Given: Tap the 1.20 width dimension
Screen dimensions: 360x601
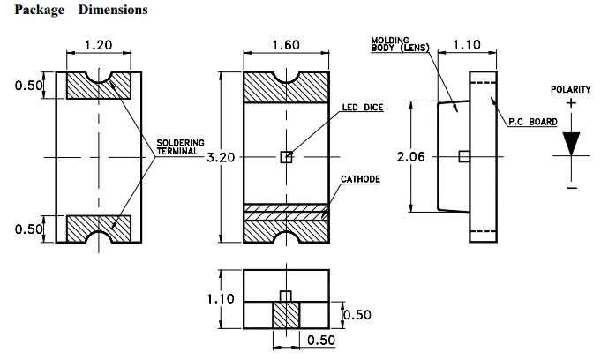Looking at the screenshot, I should [98, 45].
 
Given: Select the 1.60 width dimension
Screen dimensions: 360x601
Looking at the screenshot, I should [285, 45].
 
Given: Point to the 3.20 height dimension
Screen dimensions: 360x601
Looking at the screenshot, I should [222, 157].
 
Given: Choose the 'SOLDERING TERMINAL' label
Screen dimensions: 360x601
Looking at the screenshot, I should [180, 146].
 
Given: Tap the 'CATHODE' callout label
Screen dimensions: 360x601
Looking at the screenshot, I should [360, 179].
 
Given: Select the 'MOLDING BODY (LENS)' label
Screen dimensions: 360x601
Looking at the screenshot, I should [398, 44].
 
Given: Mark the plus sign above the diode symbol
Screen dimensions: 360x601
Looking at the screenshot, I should [572, 103].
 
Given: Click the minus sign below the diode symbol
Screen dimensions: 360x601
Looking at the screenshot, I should [572, 187].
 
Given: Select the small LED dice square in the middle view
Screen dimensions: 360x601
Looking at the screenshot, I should [285, 157].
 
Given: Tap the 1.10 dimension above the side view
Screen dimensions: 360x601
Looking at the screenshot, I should [491, 45].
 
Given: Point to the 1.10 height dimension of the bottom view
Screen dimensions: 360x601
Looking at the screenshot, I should [221, 299].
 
